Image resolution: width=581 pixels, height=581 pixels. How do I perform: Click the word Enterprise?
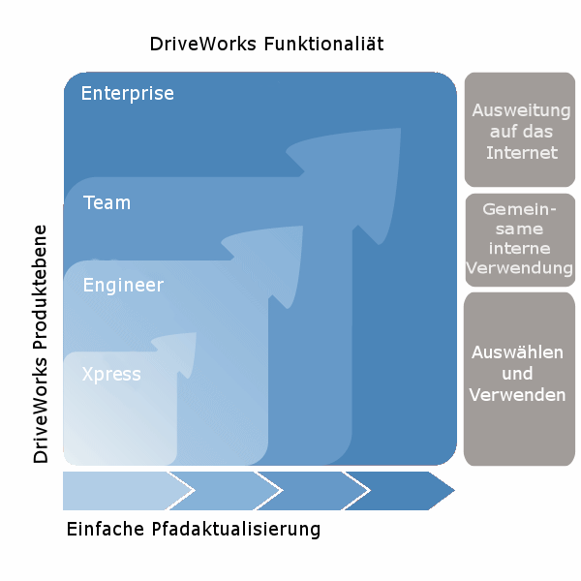(127, 94)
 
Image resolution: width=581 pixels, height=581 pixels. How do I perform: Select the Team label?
(107, 203)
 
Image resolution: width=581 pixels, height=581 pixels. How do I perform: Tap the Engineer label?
(123, 286)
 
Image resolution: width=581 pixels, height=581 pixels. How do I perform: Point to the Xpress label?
(111, 374)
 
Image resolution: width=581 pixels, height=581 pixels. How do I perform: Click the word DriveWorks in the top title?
(204, 45)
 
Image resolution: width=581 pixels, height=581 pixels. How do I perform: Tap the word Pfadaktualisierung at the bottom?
(236, 530)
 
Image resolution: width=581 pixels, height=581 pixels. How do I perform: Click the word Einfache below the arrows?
(107, 530)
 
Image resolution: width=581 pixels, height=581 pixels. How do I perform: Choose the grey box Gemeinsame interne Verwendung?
(520, 240)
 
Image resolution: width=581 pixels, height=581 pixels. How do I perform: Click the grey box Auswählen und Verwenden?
(520, 379)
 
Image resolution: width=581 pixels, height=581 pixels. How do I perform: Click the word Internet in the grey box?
(522, 153)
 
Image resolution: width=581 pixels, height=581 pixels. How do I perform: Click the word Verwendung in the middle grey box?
(520, 268)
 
